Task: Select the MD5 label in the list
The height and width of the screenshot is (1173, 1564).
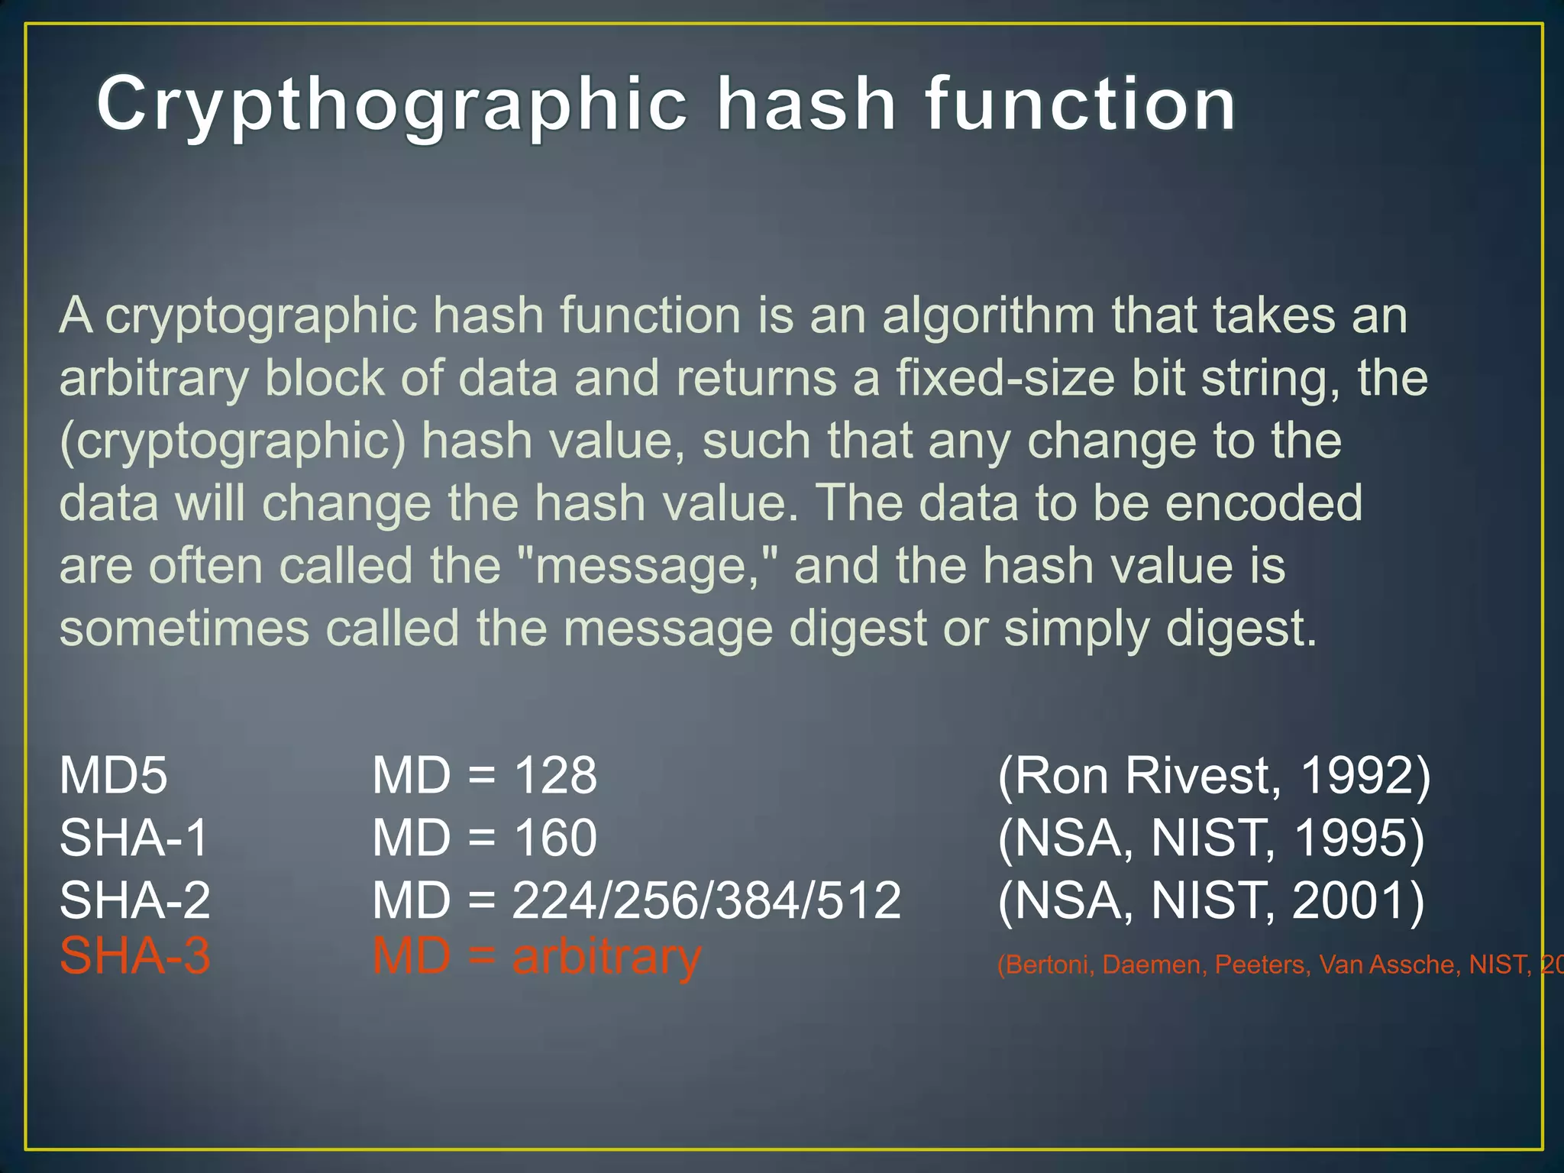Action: pyautogui.click(x=113, y=775)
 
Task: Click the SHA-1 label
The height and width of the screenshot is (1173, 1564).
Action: pyautogui.click(x=134, y=838)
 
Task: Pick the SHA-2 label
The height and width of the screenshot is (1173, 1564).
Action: pyautogui.click(x=134, y=900)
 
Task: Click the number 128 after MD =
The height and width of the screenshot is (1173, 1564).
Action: pyautogui.click(x=554, y=775)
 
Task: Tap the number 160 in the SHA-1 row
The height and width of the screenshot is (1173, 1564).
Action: pyautogui.click(x=554, y=838)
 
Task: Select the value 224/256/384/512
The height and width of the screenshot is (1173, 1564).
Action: pyautogui.click(x=706, y=900)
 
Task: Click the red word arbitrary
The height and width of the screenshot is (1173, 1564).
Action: pyautogui.click(x=606, y=957)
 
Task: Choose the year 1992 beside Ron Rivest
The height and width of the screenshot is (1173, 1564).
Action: pyautogui.click(x=1363, y=776)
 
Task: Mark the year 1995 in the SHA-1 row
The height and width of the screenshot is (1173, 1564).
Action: pyautogui.click(x=1358, y=839)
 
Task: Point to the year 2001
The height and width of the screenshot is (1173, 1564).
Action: pyautogui.click(x=1358, y=900)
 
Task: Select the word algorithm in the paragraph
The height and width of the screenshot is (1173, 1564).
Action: pyautogui.click(x=988, y=315)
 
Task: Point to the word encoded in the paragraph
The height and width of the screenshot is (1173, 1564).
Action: pyautogui.click(x=1264, y=503)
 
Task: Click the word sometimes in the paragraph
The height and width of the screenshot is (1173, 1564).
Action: pyautogui.click(x=184, y=629)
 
